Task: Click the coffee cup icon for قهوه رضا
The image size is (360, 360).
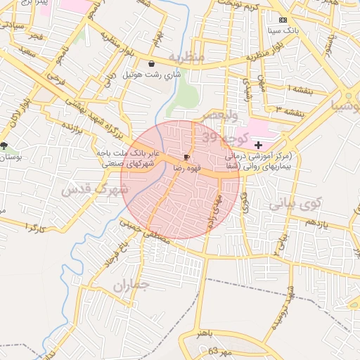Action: pyautogui.click(x=186, y=157)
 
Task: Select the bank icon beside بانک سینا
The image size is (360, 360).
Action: pyautogui.click(x=283, y=20)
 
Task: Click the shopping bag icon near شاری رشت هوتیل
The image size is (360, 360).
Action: pyautogui.click(x=153, y=64)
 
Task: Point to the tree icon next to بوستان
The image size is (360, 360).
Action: pyautogui.click(x=5, y=146)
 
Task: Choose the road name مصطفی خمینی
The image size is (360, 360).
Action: pyautogui.click(x=145, y=230)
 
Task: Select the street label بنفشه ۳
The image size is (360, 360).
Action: pyautogui.click(x=290, y=110)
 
